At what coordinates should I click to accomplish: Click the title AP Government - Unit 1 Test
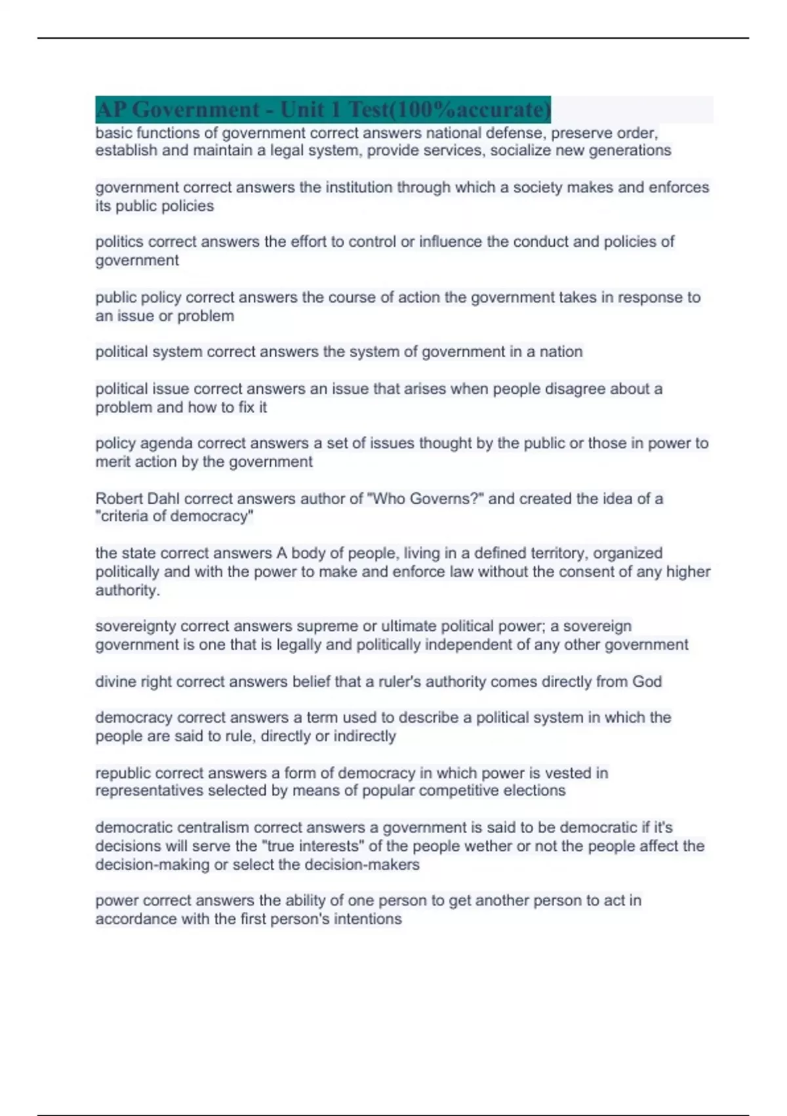(323, 110)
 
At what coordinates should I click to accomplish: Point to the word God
(647, 681)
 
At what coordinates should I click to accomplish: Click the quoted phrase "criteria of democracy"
(174, 517)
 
